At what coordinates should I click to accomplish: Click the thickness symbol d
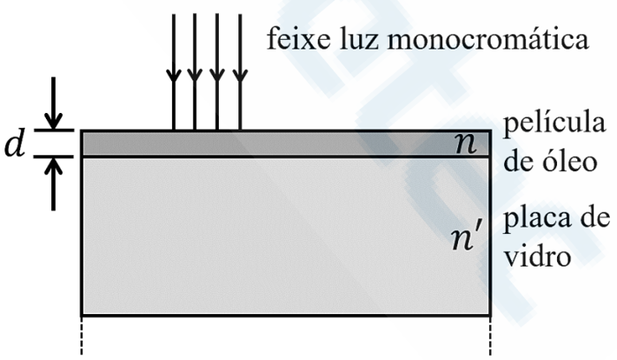pos(15,144)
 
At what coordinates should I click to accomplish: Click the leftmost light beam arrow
pos(174,71)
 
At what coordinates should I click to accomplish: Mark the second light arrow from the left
pos(195,71)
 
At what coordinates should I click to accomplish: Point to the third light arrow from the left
pos(217,71)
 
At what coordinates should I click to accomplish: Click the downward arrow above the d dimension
pos(55,104)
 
